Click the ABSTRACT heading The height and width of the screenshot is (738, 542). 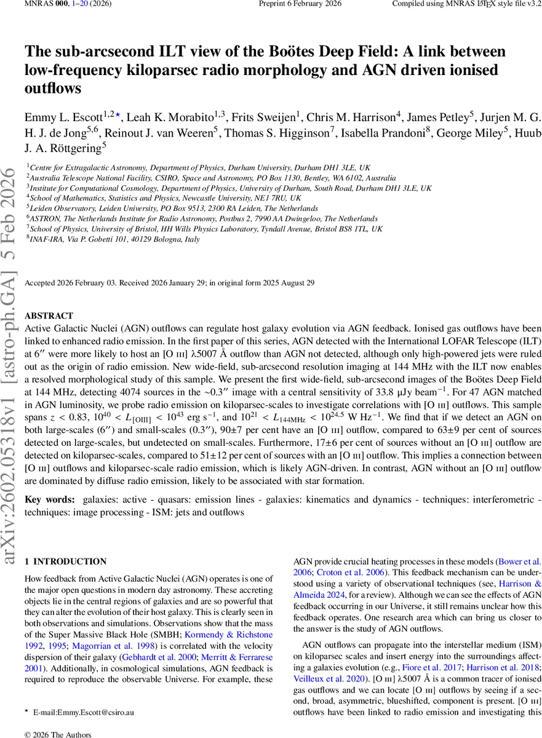(49, 315)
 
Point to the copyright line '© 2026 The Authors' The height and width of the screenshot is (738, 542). (57, 734)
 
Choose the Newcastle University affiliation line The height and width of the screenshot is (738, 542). (166, 197)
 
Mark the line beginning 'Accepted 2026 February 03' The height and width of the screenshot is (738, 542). (169, 282)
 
